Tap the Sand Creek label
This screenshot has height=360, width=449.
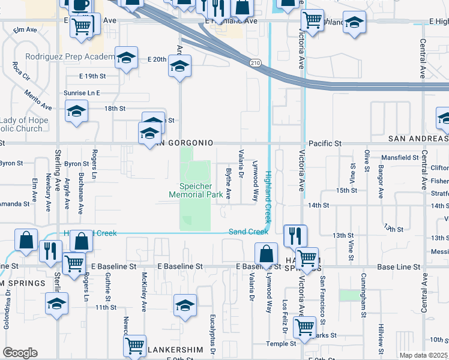pos(248,232)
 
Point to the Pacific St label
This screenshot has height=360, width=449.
pos(325,144)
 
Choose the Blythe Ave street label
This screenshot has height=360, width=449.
pos(228,184)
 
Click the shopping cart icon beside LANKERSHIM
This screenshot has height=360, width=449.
pos(134,345)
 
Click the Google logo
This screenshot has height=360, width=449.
pos(20,352)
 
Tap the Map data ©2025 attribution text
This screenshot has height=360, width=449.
pos(423,355)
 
